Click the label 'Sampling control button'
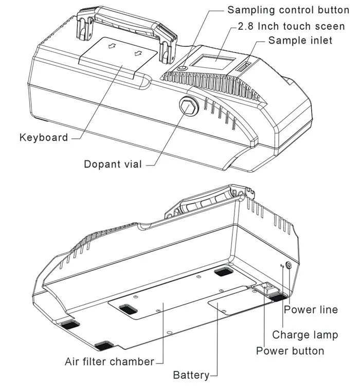pos(288,9)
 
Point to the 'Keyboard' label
pos(44,137)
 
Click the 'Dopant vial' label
pos(114,164)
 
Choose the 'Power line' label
pos(311,309)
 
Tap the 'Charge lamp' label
pos(305,335)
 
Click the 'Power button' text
pos(290,351)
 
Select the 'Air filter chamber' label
pos(110,362)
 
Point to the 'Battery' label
pos(191,375)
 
